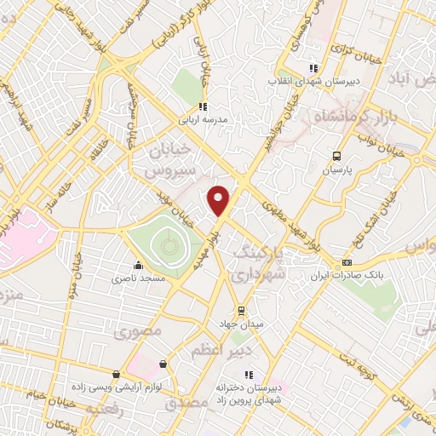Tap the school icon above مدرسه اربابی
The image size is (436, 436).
click(203, 106)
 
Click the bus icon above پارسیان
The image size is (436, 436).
click(337, 156)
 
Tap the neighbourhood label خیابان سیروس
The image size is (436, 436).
click(165, 160)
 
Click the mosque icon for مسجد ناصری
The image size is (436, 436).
click(138, 266)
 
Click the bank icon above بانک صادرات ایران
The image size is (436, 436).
click(346, 262)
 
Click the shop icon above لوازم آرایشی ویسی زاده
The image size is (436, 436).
click(117, 373)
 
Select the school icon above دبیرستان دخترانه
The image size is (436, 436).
click(249, 374)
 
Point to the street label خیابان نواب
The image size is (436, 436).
click(378, 138)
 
